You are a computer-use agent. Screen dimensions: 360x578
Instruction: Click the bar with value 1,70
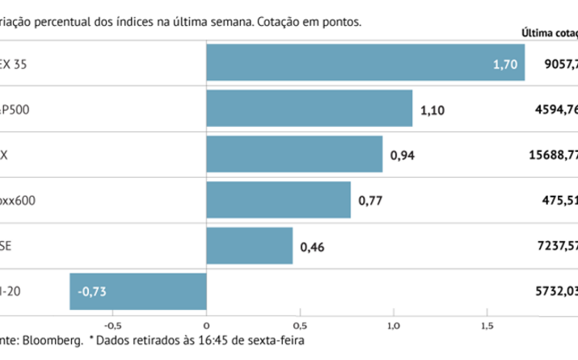pyautogui.click(x=365, y=62)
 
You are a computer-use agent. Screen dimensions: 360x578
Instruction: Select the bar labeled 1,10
pyautogui.click(x=310, y=108)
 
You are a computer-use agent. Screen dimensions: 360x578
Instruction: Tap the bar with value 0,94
pyautogui.click(x=294, y=154)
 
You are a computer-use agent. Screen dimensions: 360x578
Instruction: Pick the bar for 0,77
pyautogui.click(x=279, y=200)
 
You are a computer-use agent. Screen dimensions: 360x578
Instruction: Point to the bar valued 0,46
pyautogui.click(x=250, y=246)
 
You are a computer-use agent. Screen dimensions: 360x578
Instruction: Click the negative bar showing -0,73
pyautogui.click(x=138, y=291)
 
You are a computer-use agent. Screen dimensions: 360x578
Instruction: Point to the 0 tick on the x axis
pyautogui.click(x=207, y=317)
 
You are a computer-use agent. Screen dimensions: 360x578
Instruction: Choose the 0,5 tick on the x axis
pyautogui.click(x=300, y=317)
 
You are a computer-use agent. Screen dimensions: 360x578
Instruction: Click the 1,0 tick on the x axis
pyautogui.click(x=393, y=317)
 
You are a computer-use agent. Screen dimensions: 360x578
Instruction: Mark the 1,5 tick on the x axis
pyautogui.click(x=487, y=317)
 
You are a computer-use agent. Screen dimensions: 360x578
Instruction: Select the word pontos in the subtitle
pyautogui.click(x=339, y=22)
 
